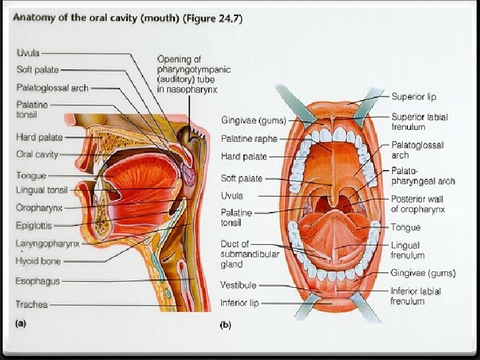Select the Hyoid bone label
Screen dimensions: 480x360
[x=37, y=261]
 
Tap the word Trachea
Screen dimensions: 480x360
[x=31, y=304]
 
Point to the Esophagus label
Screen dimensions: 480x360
[x=37, y=281]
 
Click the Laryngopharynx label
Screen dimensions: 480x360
[x=47, y=243]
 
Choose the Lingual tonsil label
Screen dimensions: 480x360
[x=43, y=191]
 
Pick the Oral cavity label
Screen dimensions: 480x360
[x=37, y=154]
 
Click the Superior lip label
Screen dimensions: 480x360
[x=413, y=97]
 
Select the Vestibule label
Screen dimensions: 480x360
[x=238, y=285]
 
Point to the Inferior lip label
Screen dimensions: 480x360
[x=240, y=303]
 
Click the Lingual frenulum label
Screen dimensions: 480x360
[x=407, y=250]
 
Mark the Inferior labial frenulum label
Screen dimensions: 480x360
[x=415, y=296]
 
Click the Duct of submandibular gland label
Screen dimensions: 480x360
[x=243, y=254]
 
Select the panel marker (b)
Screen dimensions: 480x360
[x=226, y=325]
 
